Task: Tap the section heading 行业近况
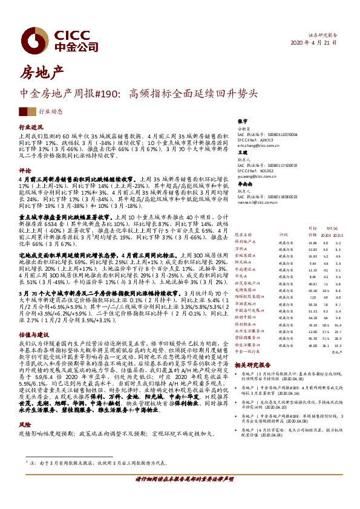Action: click(x=31, y=128)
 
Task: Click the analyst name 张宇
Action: click(x=243, y=121)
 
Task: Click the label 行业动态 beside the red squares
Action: click(x=50, y=112)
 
